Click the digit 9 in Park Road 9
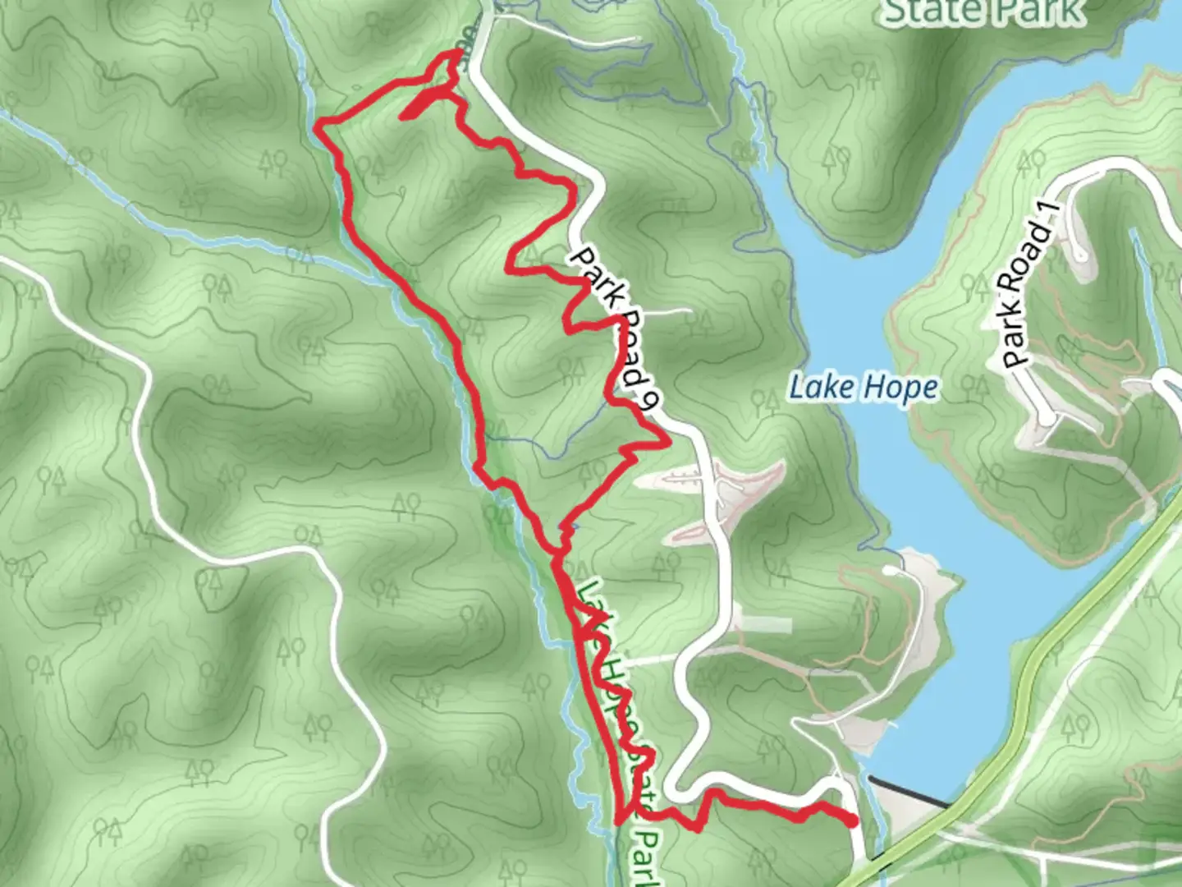click(x=650, y=400)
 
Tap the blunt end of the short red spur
click(x=403, y=117)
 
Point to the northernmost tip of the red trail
click(x=456, y=53)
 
